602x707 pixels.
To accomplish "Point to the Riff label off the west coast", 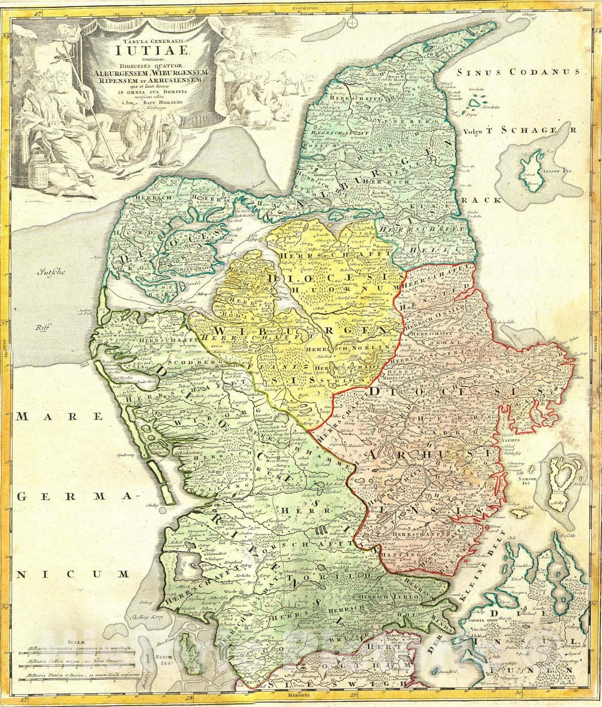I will coord(43,327).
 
